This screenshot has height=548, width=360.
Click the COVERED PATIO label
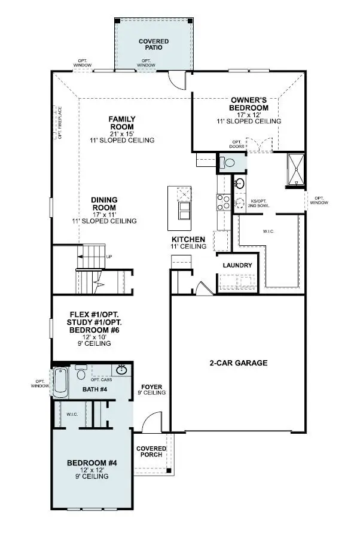pyautogui.click(x=154, y=45)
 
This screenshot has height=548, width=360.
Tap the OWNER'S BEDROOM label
pyautogui.click(x=249, y=103)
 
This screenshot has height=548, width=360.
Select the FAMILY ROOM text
pyautogui.click(x=121, y=123)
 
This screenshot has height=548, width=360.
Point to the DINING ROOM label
pyautogui.click(x=104, y=203)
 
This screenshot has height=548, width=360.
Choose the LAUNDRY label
pyautogui.click(x=237, y=266)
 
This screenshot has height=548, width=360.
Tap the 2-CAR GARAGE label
pyautogui.click(x=238, y=363)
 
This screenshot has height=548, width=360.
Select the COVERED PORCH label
pyautogui.click(x=151, y=452)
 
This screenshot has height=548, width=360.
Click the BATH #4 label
pyautogui.click(x=94, y=389)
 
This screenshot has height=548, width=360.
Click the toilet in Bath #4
pyautogui.click(x=81, y=375)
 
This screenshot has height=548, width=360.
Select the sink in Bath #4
pyautogui.click(x=122, y=370)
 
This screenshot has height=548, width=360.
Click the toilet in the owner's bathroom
pyautogui.click(x=228, y=162)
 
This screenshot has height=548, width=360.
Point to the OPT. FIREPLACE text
pyautogui.click(x=60, y=123)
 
